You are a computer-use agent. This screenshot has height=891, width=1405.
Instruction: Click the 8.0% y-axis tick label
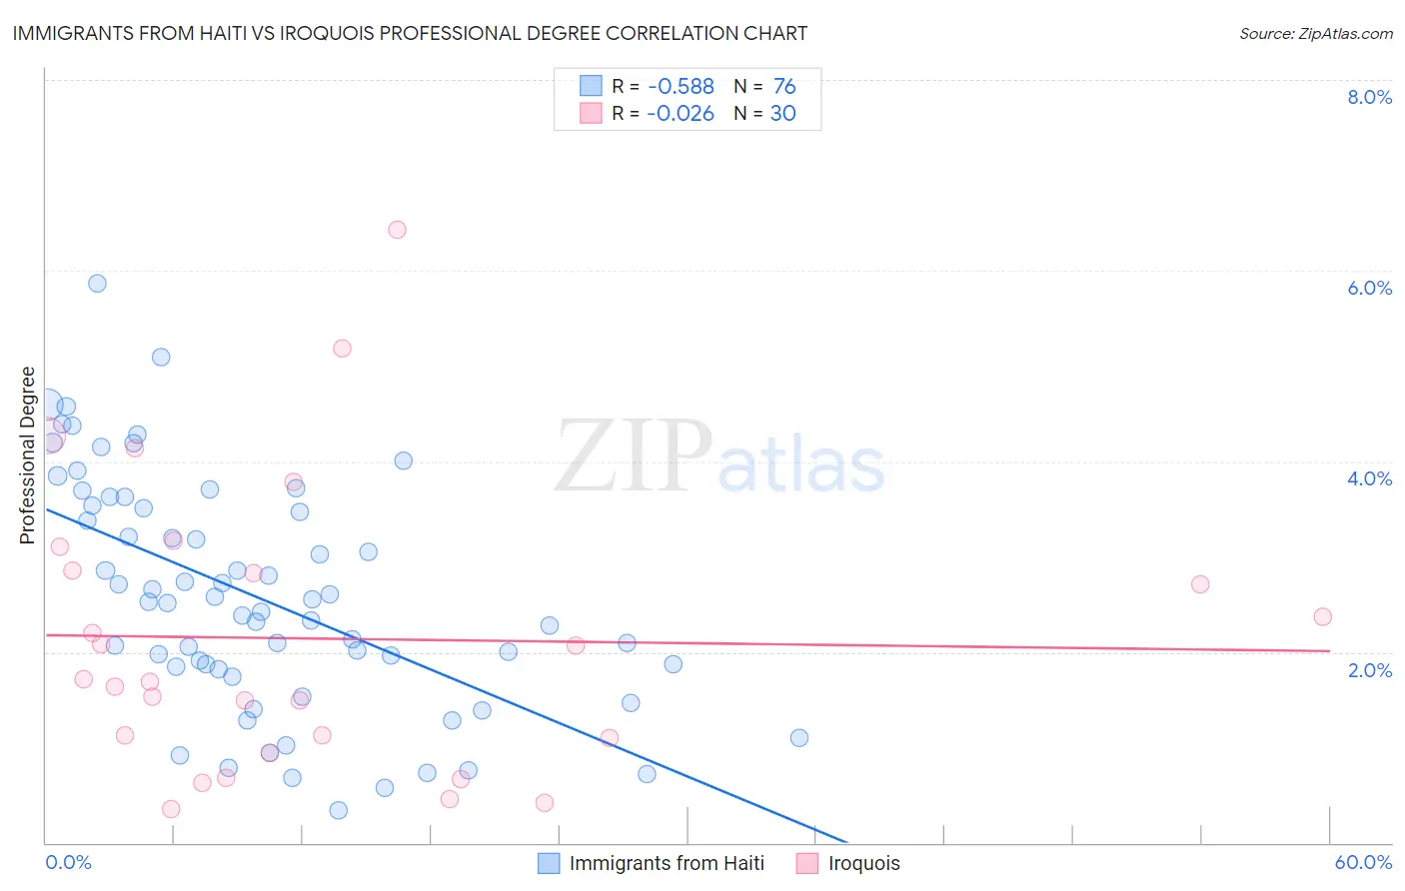[1369, 97]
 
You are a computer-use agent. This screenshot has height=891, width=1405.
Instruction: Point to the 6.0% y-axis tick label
[1369, 288]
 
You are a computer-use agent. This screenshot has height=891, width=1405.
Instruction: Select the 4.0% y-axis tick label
[1369, 478]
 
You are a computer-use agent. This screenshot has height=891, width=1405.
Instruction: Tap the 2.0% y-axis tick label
[1369, 669]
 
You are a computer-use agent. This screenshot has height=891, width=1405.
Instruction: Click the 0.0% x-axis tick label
[68, 862]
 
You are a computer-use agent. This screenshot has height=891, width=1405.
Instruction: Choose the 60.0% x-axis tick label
[1363, 862]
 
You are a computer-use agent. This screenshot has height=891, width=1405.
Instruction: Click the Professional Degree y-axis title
[27, 455]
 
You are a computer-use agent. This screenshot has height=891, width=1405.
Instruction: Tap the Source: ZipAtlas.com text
[1315, 33]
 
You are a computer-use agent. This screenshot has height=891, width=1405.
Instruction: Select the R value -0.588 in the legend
[680, 87]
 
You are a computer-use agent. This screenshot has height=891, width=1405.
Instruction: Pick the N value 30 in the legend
[782, 114]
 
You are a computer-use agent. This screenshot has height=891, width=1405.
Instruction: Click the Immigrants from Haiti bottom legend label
[667, 863]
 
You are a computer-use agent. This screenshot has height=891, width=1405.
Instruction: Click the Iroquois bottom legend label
[863, 863]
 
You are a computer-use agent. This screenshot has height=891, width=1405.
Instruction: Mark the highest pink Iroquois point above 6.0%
[397, 230]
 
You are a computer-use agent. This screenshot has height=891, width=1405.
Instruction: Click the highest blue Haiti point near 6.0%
[97, 283]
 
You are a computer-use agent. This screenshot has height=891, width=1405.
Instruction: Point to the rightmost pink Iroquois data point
[1322, 616]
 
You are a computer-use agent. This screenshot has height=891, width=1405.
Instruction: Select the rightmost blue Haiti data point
[799, 738]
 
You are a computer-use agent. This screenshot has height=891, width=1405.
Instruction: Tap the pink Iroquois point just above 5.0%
[342, 349]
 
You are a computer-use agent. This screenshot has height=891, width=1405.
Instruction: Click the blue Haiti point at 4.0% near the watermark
[404, 460]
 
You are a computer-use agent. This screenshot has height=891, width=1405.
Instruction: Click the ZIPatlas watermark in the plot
[719, 457]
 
